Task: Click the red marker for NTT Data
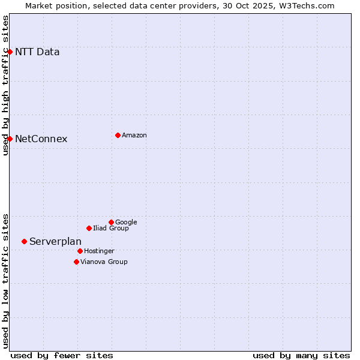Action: pyautogui.click(x=10, y=52)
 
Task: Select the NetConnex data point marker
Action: pyautogui.click(x=10, y=139)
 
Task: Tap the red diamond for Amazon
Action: pyautogui.click(x=118, y=135)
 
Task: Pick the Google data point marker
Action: pyautogui.click(x=111, y=222)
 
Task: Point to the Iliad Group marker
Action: pyautogui.click(x=89, y=228)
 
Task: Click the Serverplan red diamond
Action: pyautogui.click(x=24, y=241)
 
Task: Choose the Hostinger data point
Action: pyautogui.click(x=80, y=251)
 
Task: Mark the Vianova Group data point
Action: pyautogui.click(x=76, y=262)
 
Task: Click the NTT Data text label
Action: pyautogui.click(x=37, y=52)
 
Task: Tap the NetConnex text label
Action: pyautogui.click(x=41, y=139)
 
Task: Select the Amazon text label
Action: pyautogui.click(x=134, y=135)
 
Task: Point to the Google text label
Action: pyautogui.click(x=126, y=222)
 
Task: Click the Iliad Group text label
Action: pyautogui.click(x=111, y=228)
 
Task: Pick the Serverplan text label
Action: pyautogui.click(x=55, y=241)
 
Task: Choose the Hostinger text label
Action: pyautogui.click(x=99, y=251)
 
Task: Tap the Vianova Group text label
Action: pyautogui.click(x=104, y=262)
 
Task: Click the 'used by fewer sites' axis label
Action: pyautogui.click(x=62, y=355)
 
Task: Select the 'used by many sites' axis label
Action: pyautogui.click(x=301, y=355)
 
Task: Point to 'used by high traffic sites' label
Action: pyautogui.click(x=5, y=85)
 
